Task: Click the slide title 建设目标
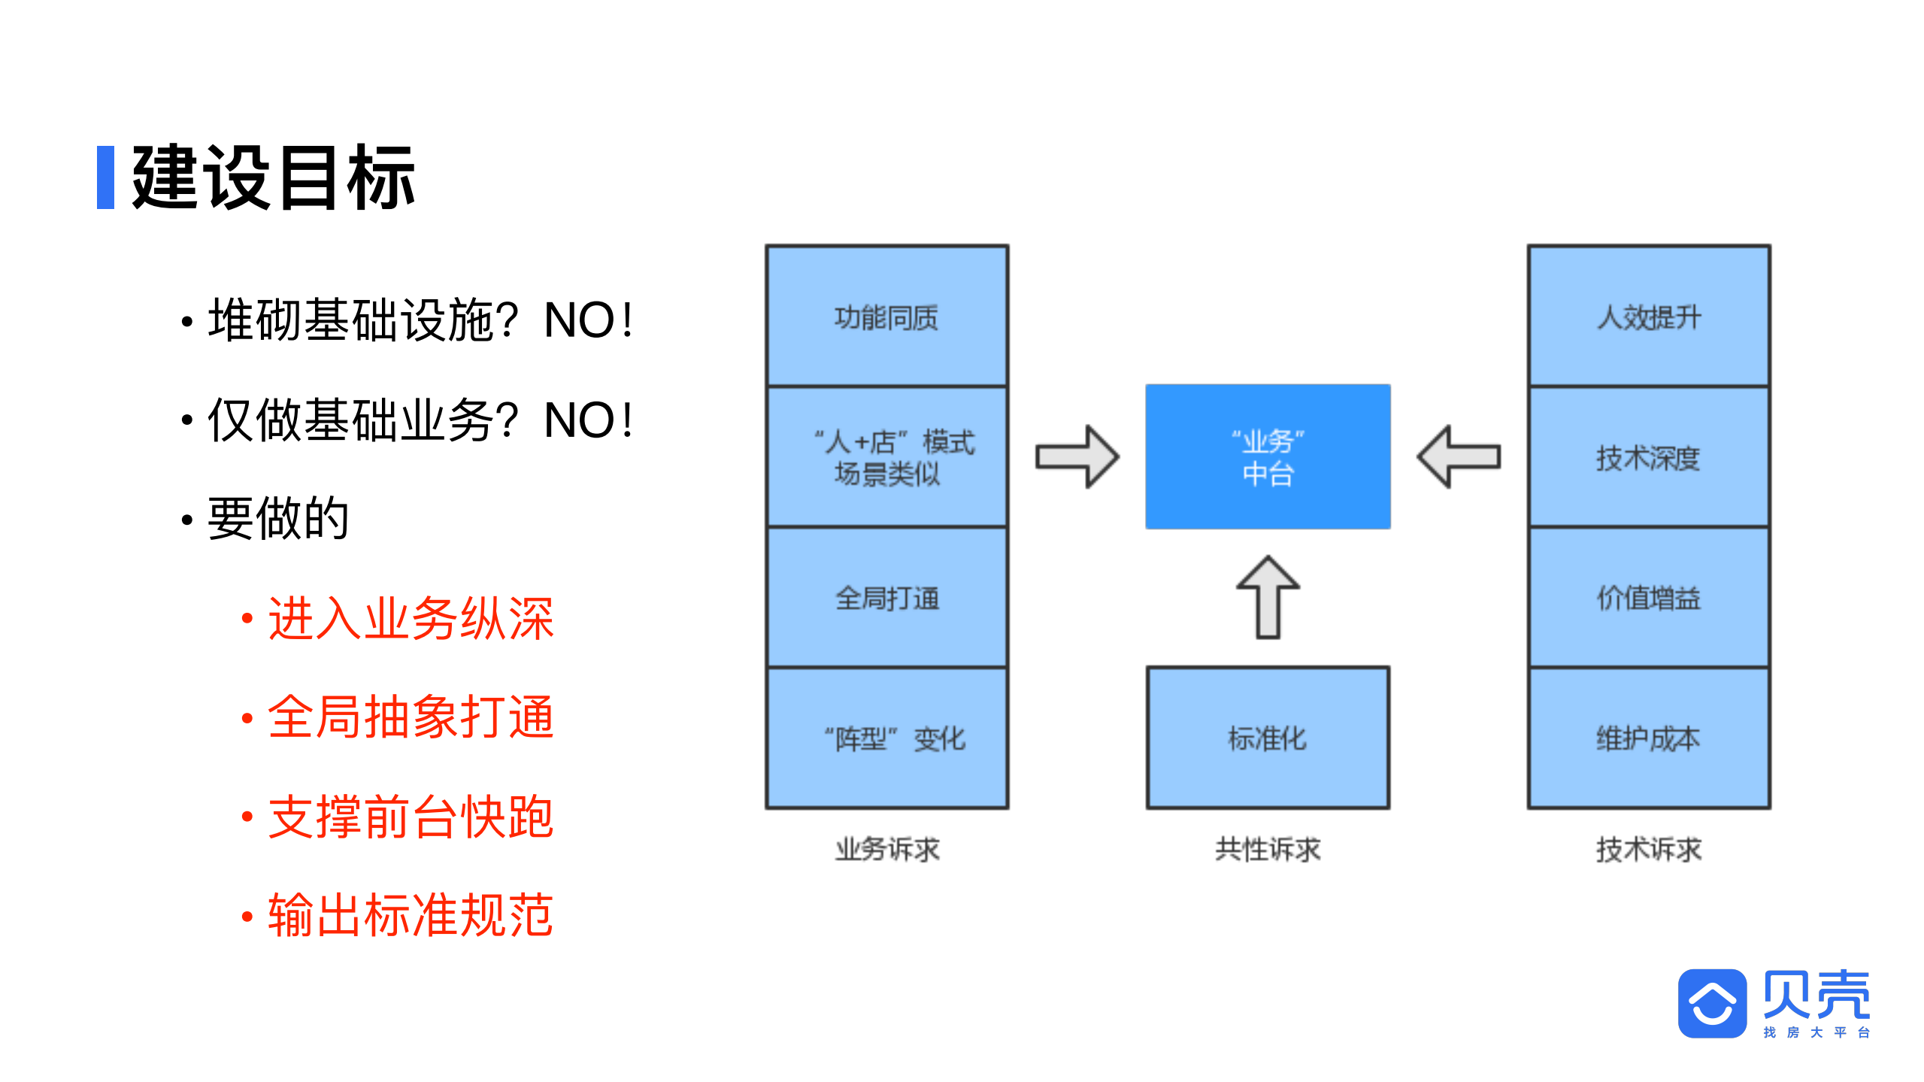(273, 177)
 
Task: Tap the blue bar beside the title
(105, 177)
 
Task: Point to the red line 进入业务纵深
(411, 618)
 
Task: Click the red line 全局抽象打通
(411, 717)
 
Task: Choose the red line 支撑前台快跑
(411, 817)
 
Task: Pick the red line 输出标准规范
(411, 916)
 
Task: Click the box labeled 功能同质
(886, 317)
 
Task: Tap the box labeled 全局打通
(886, 598)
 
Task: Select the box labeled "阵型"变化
(886, 738)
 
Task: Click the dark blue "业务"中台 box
(1268, 456)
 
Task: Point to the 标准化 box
(1268, 738)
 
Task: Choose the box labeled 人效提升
(1648, 317)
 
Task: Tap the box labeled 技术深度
(1648, 457)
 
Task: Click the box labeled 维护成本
(1648, 738)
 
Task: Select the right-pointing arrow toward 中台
(1077, 456)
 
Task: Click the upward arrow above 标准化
(1268, 598)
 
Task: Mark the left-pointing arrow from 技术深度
(1459, 456)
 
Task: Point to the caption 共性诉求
(1268, 850)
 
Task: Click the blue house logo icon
(1712, 1003)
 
